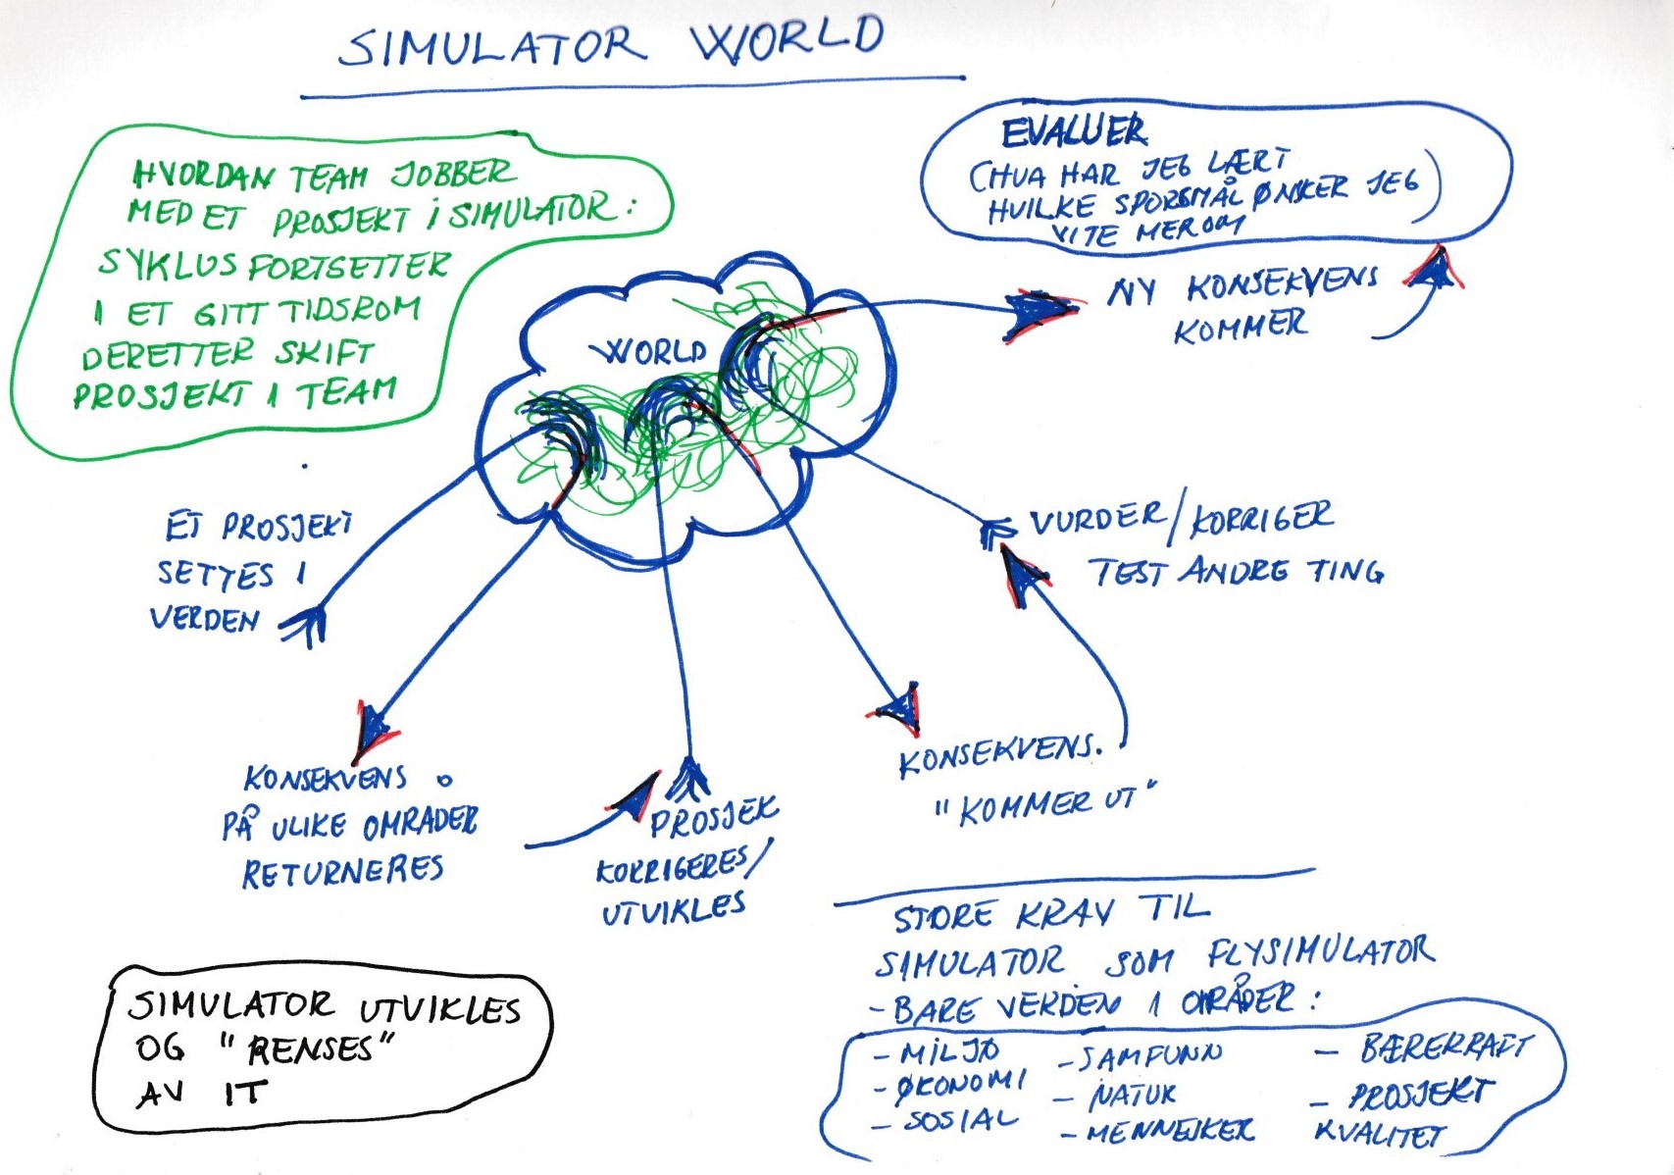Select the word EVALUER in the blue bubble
pyautogui.click(x=1074, y=131)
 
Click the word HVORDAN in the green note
pyautogui.click(x=203, y=176)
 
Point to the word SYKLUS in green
pyautogui.click(x=167, y=263)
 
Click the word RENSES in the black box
pyautogui.click(x=310, y=1050)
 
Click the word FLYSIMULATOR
pyautogui.click(x=1320, y=951)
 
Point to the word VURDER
pyautogui.click(x=1097, y=519)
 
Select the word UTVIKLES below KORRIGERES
pyautogui.click(x=674, y=908)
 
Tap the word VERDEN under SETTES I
pyautogui.click(x=205, y=619)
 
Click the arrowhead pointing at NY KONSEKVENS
pyautogui.click(x=1040, y=310)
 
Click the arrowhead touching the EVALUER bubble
pyautogui.click(x=1436, y=267)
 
